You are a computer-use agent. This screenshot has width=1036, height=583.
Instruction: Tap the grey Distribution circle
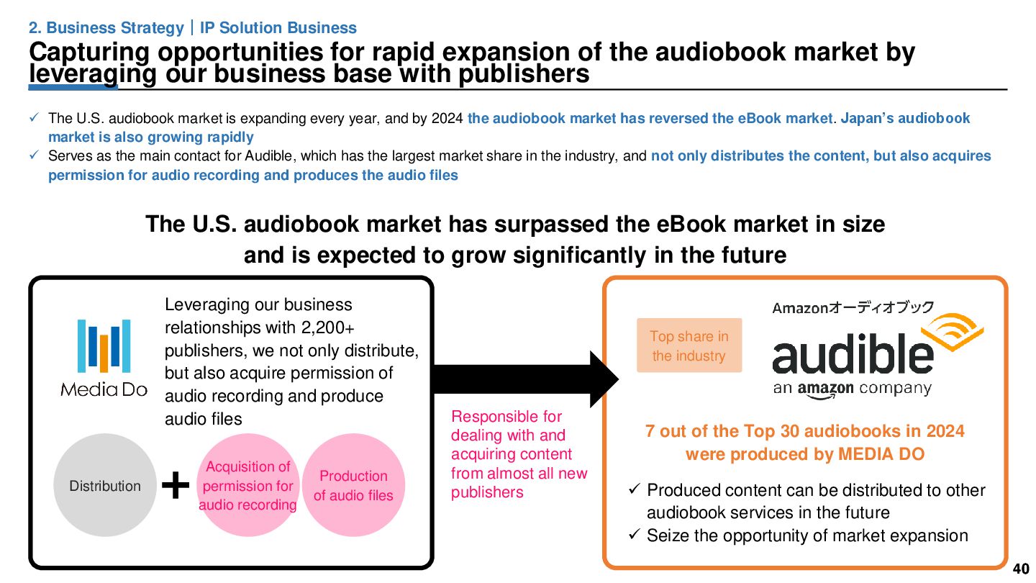(105, 485)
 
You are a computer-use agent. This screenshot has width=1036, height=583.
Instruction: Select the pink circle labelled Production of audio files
(353, 485)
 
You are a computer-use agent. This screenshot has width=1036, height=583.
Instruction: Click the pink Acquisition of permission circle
(247, 485)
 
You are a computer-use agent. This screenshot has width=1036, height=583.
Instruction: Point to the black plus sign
(176, 487)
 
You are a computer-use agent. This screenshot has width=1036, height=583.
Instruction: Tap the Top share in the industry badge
(689, 345)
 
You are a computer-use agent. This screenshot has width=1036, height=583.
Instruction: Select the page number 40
(1020, 569)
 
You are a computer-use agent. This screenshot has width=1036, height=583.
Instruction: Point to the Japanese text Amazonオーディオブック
(853, 308)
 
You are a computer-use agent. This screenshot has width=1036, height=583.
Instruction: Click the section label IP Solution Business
(278, 28)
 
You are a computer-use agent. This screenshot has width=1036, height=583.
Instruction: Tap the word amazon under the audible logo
(825, 389)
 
